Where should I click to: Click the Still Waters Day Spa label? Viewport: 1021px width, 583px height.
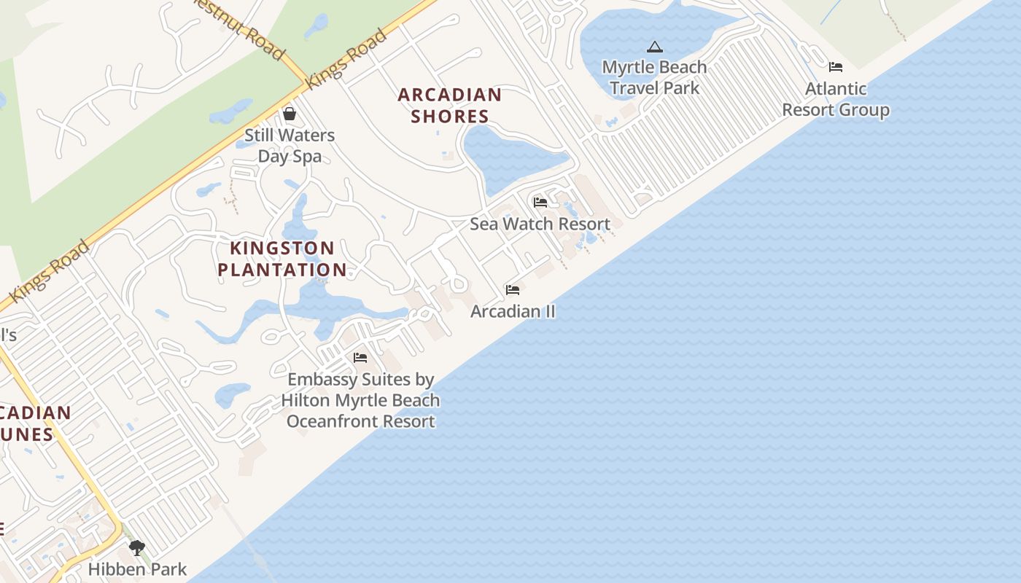tap(290, 146)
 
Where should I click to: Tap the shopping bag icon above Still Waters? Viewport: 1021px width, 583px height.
tap(290, 114)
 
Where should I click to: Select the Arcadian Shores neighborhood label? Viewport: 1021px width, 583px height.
tap(450, 106)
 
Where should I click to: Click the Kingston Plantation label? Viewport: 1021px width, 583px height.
tap(282, 259)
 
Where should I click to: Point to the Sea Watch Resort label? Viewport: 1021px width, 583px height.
tap(540, 224)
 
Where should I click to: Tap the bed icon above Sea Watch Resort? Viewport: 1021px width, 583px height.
tap(540, 202)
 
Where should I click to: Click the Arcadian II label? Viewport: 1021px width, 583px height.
tap(513, 311)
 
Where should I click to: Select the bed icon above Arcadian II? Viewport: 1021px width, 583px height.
tap(513, 290)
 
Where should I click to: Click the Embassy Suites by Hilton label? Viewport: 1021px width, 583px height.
tap(361, 400)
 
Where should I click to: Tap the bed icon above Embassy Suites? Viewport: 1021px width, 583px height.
tap(360, 358)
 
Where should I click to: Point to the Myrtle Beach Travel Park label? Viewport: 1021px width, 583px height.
tap(654, 77)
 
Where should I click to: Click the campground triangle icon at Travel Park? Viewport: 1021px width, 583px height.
tap(655, 47)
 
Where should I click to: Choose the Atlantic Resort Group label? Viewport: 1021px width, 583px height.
tap(836, 99)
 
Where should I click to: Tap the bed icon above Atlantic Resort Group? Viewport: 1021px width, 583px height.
tap(836, 67)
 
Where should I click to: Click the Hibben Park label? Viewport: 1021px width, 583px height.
tap(138, 569)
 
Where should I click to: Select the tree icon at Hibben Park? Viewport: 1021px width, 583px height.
tap(136, 548)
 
